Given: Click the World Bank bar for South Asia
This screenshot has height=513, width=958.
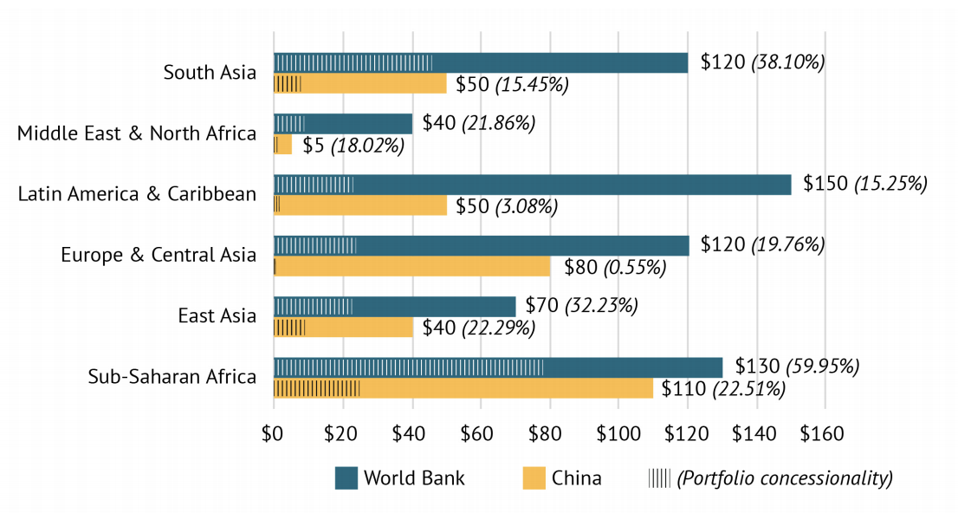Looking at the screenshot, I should [x=481, y=62].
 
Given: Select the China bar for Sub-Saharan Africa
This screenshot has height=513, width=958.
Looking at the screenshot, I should [x=463, y=388].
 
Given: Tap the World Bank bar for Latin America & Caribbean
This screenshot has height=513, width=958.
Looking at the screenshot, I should [x=532, y=185].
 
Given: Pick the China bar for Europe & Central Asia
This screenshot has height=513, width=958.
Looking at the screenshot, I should [x=412, y=267].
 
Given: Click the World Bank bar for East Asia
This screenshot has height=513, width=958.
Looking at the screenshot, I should [x=394, y=307].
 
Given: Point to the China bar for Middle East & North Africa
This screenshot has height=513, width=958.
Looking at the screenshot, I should [x=283, y=145].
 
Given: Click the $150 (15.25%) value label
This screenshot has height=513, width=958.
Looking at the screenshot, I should [x=865, y=184].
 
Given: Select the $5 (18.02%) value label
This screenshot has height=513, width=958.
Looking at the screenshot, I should [x=353, y=145].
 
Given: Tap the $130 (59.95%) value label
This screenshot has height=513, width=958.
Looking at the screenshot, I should [x=797, y=367].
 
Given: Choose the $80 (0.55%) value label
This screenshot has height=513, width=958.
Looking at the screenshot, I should [x=615, y=267].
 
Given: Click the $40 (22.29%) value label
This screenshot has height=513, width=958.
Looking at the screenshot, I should [x=478, y=328].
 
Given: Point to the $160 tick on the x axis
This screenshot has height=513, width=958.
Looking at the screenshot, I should [x=825, y=432].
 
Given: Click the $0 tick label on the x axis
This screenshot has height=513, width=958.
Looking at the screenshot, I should [x=274, y=432].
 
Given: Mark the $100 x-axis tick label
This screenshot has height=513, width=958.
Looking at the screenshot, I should [x=618, y=432].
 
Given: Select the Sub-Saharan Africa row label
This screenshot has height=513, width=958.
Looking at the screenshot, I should [x=172, y=377].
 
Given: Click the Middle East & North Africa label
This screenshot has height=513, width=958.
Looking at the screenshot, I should [x=137, y=133].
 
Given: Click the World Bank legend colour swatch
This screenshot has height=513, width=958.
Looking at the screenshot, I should [x=346, y=477].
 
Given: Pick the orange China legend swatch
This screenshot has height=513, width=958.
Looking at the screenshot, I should [x=534, y=477].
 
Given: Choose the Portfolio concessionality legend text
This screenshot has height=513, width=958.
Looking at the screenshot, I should [x=785, y=477].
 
